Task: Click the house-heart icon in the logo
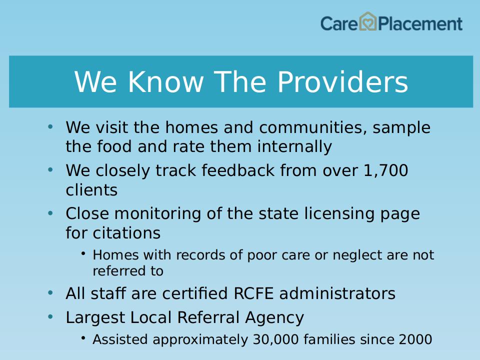[x=367, y=21]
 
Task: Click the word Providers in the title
[x=342, y=82]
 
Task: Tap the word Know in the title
[x=165, y=81]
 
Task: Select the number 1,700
[x=385, y=170]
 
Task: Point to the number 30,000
[x=275, y=339]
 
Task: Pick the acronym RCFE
[x=253, y=293]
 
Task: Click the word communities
[x=313, y=127]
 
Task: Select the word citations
[x=126, y=233]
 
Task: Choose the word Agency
[x=274, y=318]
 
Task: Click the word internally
[x=294, y=146]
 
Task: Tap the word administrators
[x=337, y=293]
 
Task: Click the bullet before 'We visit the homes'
[x=50, y=126]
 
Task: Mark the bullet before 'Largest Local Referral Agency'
[x=50, y=317]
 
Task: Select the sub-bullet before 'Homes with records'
[x=83, y=253]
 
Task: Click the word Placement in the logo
[x=420, y=24]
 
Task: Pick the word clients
[x=91, y=190]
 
